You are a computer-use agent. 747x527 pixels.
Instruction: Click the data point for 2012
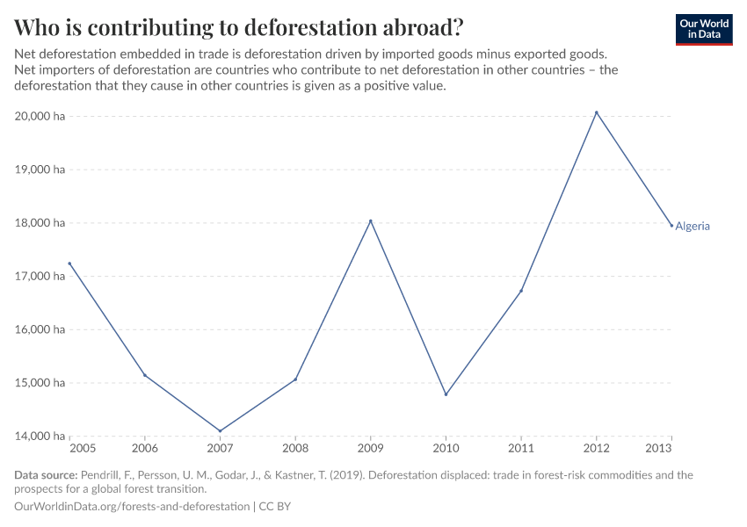[x=597, y=112]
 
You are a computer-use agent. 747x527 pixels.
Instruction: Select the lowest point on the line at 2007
[x=220, y=431]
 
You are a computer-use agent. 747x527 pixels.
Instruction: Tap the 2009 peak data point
[x=371, y=221]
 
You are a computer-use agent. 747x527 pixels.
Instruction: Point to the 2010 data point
[x=446, y=394]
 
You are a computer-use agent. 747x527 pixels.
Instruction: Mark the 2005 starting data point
[x=69, y=263]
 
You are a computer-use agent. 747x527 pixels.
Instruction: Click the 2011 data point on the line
[x=521, y=291]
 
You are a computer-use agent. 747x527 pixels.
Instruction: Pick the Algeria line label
[x=693, y=227]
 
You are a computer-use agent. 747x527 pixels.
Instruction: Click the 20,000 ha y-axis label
[x=40, y=116]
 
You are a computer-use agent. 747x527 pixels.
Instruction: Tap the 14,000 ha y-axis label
[x=40, y=437]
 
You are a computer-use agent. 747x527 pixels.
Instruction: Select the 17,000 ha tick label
[x=40, y=277]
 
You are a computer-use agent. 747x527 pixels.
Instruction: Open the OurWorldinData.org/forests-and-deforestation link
[x=132, y=507]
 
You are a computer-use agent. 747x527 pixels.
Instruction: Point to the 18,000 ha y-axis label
[x=40, y=223]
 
